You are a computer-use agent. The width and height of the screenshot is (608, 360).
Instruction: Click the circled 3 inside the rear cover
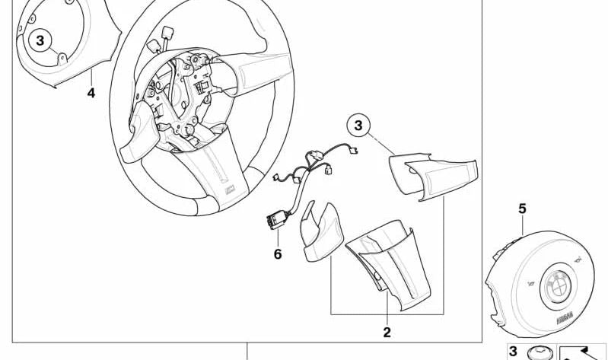41,40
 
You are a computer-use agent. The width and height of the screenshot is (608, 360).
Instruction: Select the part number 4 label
91,93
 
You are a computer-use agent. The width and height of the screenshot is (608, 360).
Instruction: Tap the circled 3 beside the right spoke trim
360,125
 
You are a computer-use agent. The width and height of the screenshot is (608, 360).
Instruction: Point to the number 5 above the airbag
522,208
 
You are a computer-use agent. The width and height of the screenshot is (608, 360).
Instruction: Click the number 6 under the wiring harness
278,253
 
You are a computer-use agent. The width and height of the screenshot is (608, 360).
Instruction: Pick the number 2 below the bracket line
387,332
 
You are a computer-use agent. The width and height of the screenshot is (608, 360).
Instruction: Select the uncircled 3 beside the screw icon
513,351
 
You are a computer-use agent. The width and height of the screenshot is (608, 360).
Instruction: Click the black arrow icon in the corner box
582,352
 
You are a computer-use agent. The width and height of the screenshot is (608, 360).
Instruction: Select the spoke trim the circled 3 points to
431,177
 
